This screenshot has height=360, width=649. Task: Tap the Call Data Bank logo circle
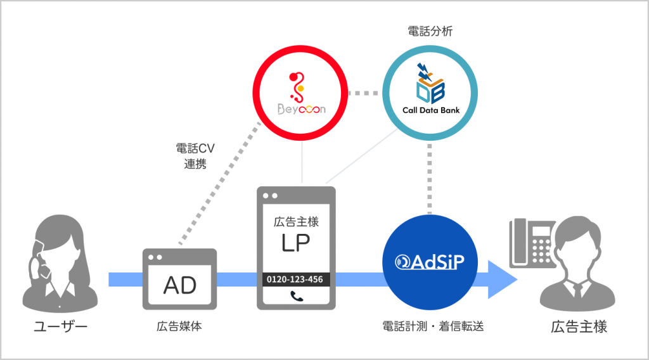tap(430, 93)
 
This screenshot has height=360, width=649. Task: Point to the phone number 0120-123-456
tap(296, 280)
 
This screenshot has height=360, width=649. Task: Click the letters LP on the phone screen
tap(296, 244)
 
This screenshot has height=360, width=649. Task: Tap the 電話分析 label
tap(430, 30)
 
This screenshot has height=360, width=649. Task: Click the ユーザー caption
tap(60, 327)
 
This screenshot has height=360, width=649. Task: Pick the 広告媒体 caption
tap(180, 327)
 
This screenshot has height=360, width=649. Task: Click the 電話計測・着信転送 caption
tap(429, 327)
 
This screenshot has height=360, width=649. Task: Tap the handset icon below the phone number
tap(296, 295)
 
